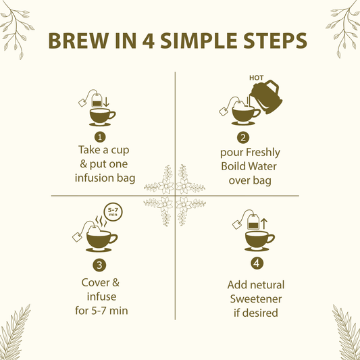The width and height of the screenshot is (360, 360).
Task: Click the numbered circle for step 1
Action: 101,136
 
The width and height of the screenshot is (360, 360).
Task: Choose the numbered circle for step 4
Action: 257,263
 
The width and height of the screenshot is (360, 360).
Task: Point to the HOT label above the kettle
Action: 257,78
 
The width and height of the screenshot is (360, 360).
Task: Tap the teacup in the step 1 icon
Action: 101,117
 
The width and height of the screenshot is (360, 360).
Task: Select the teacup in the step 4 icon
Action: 258,240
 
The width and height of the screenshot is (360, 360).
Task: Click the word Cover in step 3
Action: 91,284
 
